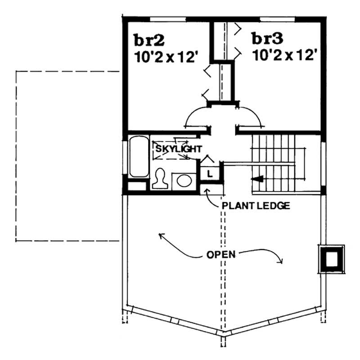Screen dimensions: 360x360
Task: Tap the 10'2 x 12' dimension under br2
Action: pos(166,57)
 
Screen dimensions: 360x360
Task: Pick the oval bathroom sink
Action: pos(184,181)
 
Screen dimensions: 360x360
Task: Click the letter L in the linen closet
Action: pos(210,173)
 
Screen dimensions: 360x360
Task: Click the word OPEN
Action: pos(221,254)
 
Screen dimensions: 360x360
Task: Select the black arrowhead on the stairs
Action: pos(257,179)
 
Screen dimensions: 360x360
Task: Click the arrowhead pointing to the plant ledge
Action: pos(207,191)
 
